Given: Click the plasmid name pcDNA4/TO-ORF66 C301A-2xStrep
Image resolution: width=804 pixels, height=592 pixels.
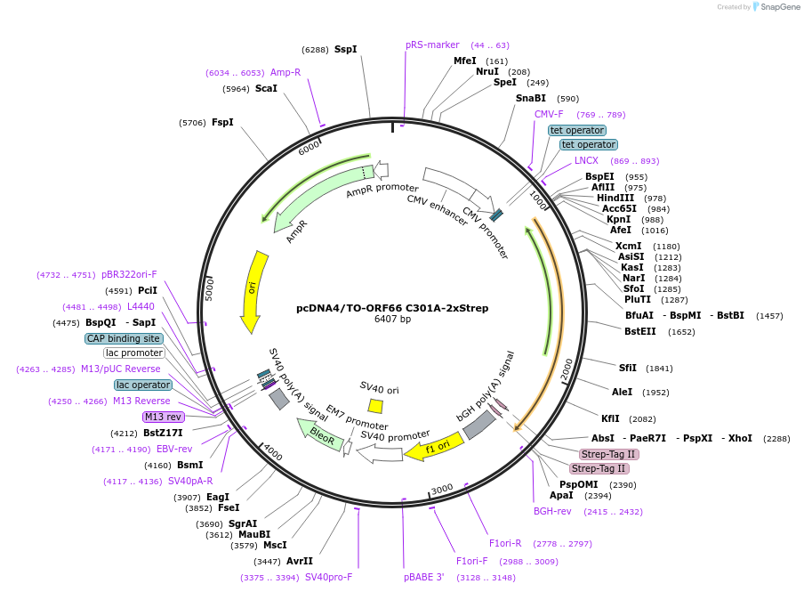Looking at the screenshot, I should [392, 308].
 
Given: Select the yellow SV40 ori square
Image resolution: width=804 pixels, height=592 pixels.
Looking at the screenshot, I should [376, 406].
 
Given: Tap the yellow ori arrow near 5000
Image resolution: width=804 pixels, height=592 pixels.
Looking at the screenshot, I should [254, 290].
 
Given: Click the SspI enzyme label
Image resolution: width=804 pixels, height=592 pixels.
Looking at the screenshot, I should [346, 50].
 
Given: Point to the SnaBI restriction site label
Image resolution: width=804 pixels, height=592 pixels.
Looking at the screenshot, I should [531, 99].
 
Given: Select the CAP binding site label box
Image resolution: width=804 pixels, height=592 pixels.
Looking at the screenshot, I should [124, 338].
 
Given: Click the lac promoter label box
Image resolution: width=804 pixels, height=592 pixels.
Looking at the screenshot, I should [133, 353].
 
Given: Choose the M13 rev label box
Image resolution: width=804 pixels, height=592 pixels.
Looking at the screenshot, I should [163, 417].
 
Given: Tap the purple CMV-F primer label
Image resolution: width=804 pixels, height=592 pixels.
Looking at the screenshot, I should [549, 114].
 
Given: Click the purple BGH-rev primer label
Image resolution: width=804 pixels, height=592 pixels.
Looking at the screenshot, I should [552, 511].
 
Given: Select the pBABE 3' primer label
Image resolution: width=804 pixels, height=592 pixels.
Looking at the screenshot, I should [423, 577].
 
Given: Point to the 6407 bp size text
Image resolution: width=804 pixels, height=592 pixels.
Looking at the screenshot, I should [392, 320].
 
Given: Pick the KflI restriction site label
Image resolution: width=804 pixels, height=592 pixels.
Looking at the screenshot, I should [610, 418].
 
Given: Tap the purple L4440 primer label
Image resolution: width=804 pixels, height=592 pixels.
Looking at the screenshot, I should [141, 306].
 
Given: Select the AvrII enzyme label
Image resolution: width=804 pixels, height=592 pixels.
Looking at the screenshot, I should [300, 561].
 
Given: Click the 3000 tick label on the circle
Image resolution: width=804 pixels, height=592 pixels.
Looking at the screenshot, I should [442, 489].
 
